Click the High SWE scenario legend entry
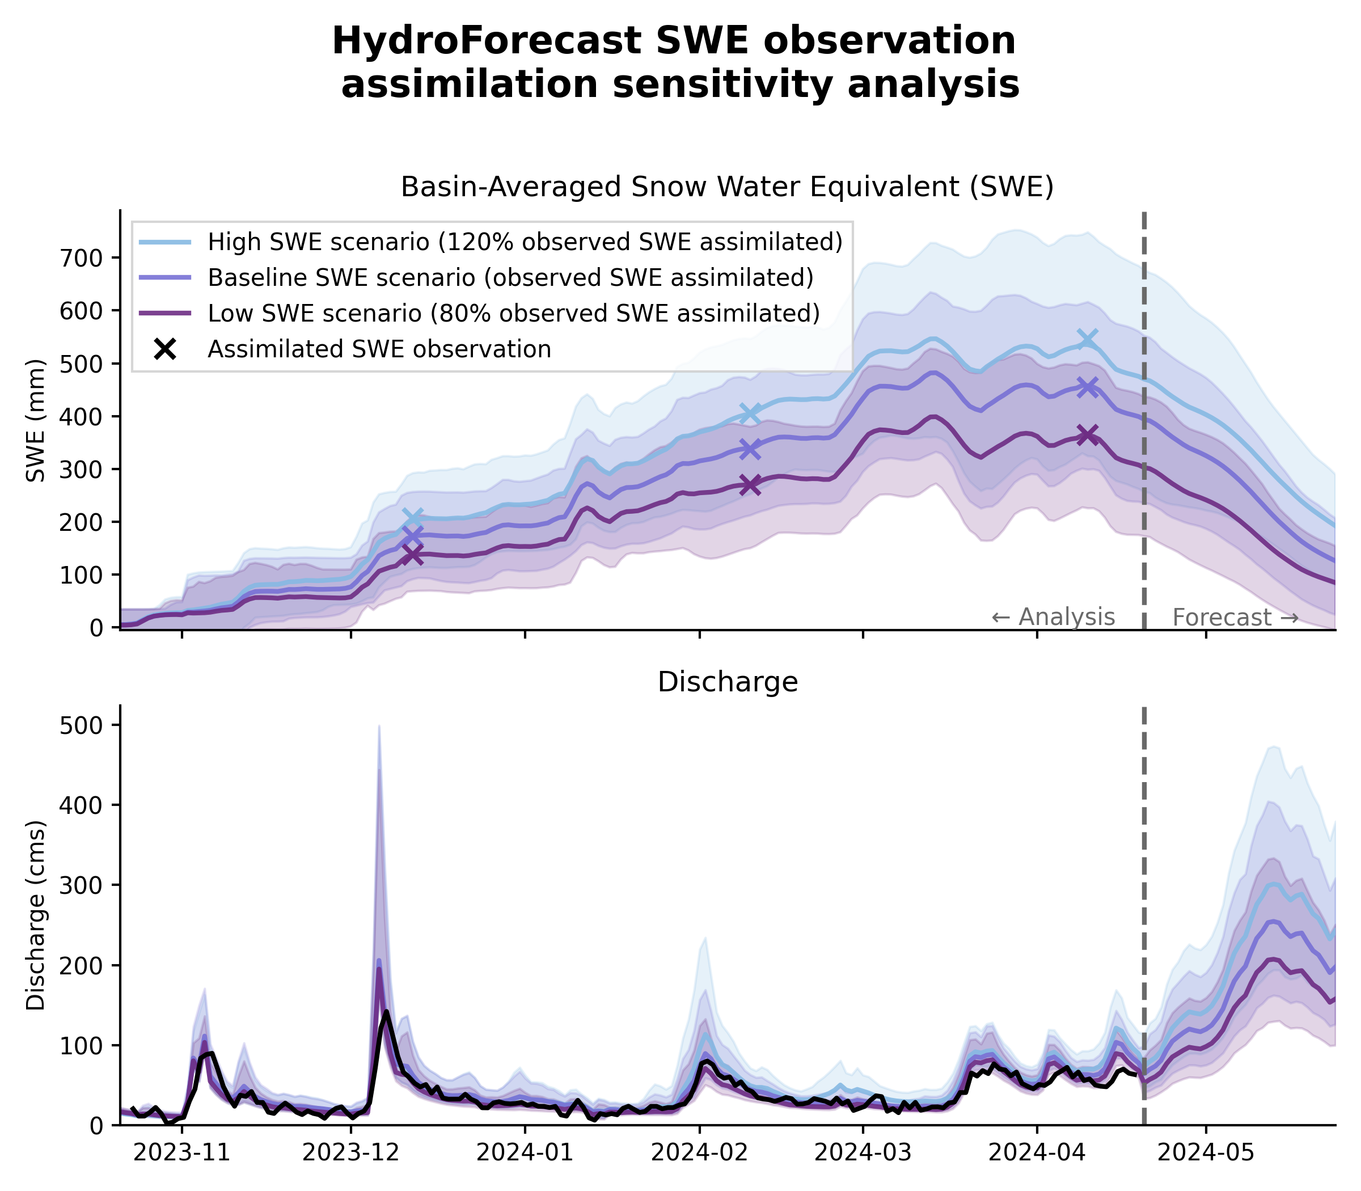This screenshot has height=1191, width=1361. click(x=525, y=242)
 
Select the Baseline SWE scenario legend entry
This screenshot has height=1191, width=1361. click(x=510, y=278)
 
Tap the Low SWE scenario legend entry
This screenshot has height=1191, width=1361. click(x=513, y=313)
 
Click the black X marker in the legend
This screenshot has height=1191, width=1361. click(x=165, y=349)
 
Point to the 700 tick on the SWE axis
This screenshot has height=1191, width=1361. click(x=83, y=258)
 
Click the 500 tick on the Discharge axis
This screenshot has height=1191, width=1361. click(x=83, y=725)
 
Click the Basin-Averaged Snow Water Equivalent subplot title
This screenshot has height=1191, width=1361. click(x=727, y=187)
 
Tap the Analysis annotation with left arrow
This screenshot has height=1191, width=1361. click(x=1053, y=618)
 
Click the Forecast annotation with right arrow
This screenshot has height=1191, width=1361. click(x=1235, y=618)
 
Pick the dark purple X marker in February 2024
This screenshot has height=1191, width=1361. click(x=750, y=485)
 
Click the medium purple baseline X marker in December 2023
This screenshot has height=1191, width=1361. click(x=413, y=535)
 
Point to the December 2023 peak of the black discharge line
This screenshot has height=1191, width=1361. click(x=386, y=1012)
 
